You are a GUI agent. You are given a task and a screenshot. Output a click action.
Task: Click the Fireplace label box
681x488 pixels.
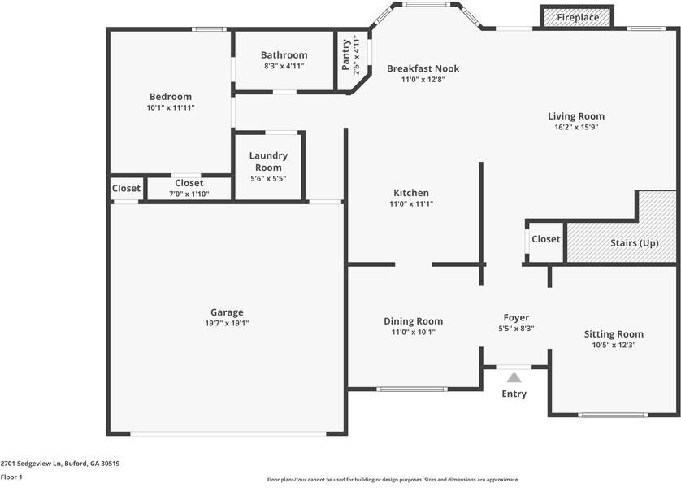pyautogui.click(x=577, y=16)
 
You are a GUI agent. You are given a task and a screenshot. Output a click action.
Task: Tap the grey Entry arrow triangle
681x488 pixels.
pyautogui.click(x=514, y=377)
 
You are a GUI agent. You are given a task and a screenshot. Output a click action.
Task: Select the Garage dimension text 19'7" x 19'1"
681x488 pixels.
pyautogui.click(x=227, y=324)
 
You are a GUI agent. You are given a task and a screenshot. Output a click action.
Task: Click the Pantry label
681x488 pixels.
pyautogui.click(x=345, y=54)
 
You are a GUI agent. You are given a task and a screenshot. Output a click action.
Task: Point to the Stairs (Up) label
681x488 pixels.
pyautogui.click(x=635, y=243)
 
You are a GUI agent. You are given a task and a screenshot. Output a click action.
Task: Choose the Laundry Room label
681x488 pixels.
pyautogui.click(x=268, y=161)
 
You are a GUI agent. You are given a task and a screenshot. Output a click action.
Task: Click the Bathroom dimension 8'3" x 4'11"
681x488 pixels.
pyautogui.click(x=284, y=66)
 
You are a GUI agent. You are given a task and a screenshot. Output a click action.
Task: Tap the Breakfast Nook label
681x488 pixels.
pyautogui.click(x=423, y=68)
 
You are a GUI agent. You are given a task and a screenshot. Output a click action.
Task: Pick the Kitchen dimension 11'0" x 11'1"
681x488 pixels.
pyautogui.click(x=411, y=204)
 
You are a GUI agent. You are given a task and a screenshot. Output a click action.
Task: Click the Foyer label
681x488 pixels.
pyautogui.click(x=516, y=318)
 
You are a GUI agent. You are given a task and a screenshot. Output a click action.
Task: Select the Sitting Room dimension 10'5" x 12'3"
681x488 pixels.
pyautogui.click(x=614, y=346)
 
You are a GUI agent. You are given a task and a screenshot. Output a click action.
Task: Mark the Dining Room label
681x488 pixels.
pyautogui.click(x=413, y=321)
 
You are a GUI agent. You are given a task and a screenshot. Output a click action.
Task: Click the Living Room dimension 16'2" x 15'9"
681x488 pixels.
pyautogui.click(x=576, y=128)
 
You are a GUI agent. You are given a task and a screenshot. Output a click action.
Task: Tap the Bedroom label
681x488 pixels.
pyautogui.click(x=171, y=97)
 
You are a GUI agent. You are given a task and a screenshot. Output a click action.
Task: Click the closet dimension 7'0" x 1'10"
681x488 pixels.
pyautogui.click(x=189, y=194)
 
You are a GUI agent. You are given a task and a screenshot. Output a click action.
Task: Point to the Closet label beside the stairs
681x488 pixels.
pyautogui.click(x=546, y=239)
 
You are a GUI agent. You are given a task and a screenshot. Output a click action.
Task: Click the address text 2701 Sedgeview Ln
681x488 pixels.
pyautogui.click(x=31, y=464)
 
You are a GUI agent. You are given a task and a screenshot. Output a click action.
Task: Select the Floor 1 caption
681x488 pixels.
pyautogui.click(x=11, y=477)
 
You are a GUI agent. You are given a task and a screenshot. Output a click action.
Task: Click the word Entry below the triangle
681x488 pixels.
pyautogui.click(x=514, y=394)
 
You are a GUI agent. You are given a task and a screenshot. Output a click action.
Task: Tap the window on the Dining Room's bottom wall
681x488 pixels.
pyautogui.click(x=411, y=390)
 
